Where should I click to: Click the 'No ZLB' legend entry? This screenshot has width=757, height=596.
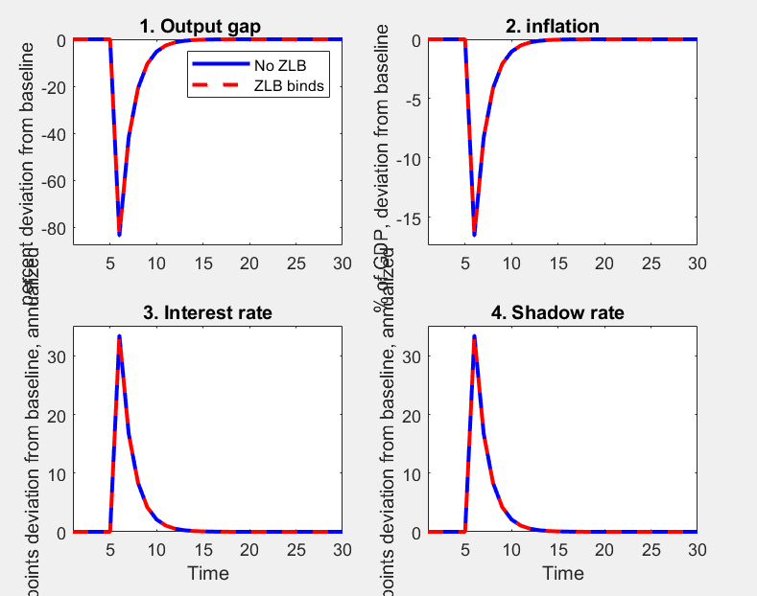tap(278, 65)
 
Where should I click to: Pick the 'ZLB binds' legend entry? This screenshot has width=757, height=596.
tap(286, 86)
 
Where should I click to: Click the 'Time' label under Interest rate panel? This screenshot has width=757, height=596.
tap(207, 573)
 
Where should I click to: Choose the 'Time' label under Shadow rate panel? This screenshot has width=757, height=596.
tap(562, 573)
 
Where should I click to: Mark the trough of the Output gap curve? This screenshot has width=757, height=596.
tap(119, 234)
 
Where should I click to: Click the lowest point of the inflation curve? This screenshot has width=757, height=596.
tap(474, 234)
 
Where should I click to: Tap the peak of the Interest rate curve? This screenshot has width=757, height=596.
tap(119, 336)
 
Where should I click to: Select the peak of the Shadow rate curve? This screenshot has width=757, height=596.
tap(474, 336)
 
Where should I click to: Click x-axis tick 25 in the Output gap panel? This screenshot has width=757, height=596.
tap(296, 262)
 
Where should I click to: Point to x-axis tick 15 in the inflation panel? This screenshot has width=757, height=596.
tap(557, 262)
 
